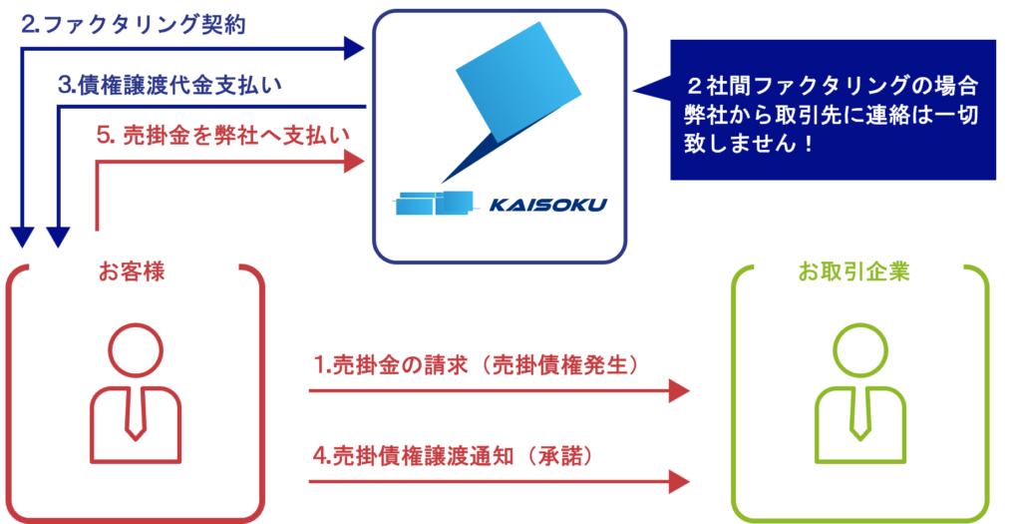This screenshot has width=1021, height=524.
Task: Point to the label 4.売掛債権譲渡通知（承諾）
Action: tap(454, 456)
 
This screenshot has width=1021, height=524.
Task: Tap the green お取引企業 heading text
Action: tap(853, 270)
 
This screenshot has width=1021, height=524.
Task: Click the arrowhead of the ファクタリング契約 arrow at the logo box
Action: tap(355, 46)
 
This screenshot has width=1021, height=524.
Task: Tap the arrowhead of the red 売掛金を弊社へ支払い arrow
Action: tap(355, 161)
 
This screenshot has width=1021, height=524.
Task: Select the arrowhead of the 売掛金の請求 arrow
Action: tap(679, 390)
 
